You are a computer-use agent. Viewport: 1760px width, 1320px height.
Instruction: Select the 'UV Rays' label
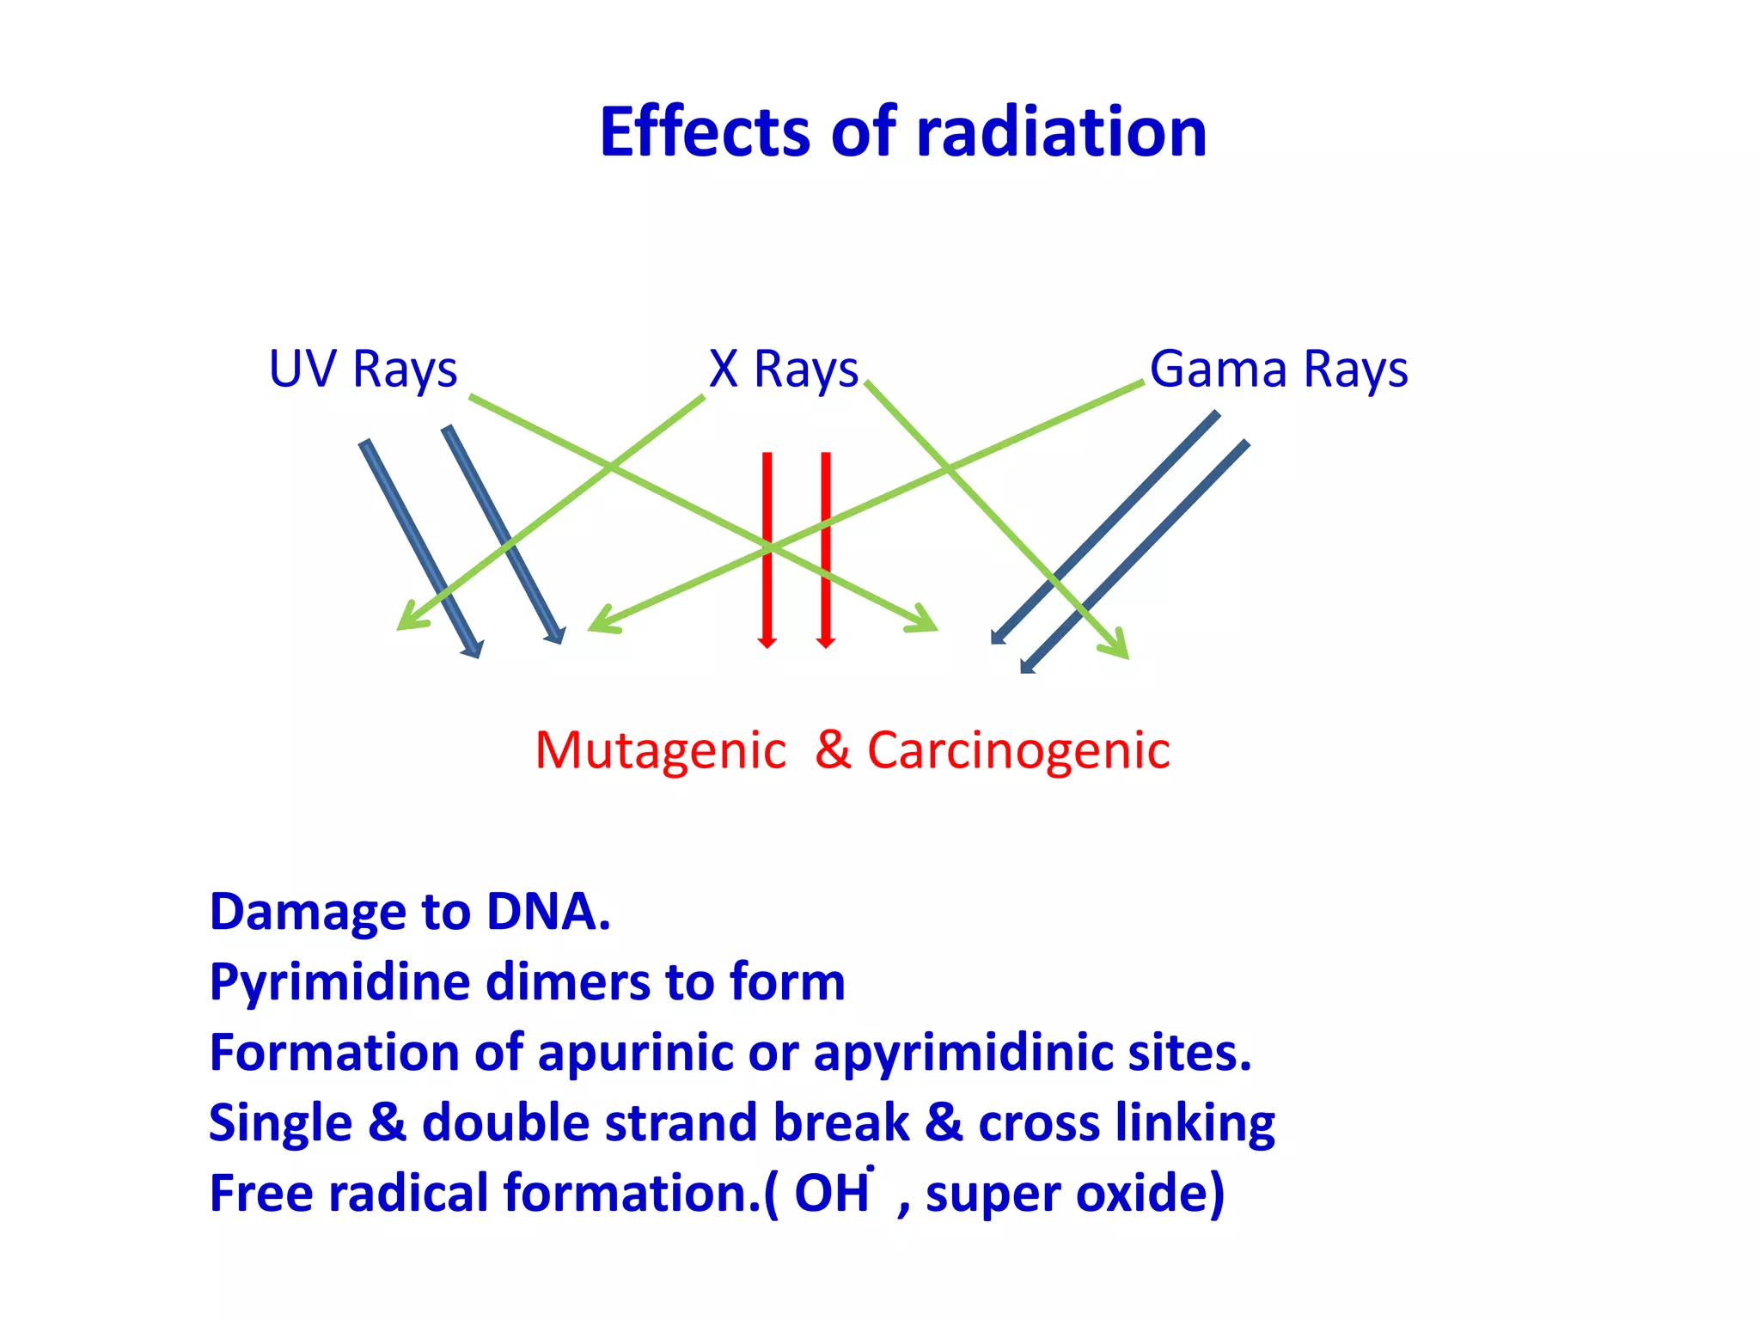[363, 370]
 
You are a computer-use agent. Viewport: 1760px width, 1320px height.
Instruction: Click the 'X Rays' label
[783, 370]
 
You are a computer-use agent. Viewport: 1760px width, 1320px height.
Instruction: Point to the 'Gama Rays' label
[1278, 370]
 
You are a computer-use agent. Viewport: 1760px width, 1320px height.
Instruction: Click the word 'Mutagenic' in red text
[660, 751]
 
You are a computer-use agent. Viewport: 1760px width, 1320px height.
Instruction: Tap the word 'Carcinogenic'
[1018, 751]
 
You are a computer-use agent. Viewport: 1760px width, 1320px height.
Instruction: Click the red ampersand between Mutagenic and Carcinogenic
[833, 749]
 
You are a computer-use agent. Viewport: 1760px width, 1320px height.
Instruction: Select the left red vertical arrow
[767, 550]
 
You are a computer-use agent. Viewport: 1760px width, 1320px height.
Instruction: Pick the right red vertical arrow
[826, 550]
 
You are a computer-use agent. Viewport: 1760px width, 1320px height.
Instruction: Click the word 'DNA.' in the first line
[548, 912]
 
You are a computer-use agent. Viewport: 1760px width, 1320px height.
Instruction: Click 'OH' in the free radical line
[831, 1194]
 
